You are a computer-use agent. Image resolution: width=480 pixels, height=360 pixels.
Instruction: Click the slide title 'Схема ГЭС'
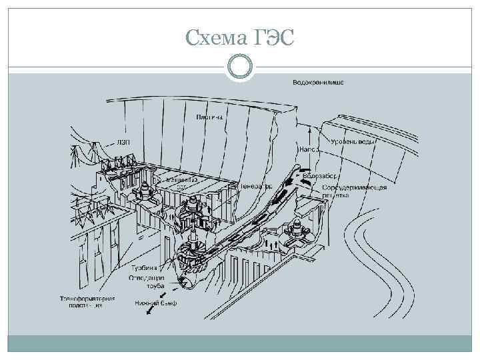pyautogui.click(x=240, y=39)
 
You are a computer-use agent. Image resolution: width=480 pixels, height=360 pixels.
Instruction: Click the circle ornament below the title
pyautogui.click(x=240, y=67)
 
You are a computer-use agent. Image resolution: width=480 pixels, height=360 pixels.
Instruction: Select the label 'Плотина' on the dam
pyautogui.click(x=209, y=117)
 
